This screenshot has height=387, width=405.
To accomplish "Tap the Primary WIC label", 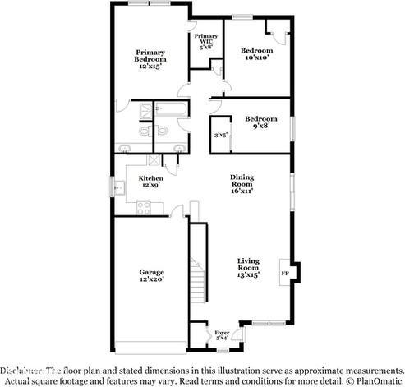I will click(x=205, y=42).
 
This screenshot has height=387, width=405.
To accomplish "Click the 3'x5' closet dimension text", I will click(x=220, y=134).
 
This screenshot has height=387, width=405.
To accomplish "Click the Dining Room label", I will click(x=242, y=183).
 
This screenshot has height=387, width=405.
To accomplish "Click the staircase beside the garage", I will click(x=196, y=279).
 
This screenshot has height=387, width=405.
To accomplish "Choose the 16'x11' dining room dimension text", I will click(x=242, y=191).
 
